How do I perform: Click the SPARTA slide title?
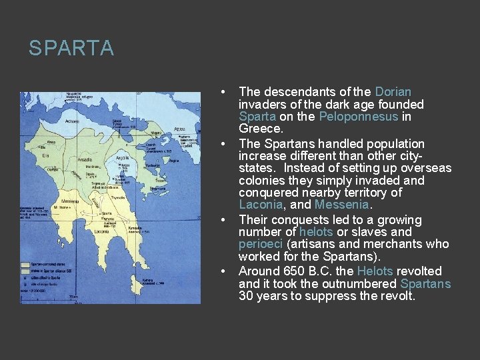click(x=71, y=49)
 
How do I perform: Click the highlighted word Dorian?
click(x=393, y=92)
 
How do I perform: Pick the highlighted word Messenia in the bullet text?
click(x=341, y=205)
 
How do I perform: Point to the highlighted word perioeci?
click(x=261, y=244)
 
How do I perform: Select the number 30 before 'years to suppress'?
click(x=246, y=296)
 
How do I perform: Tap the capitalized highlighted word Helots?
click(x=375, y=271)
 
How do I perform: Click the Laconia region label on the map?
click(x=101, y=231)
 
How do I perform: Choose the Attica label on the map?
click(x=179, y=129)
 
